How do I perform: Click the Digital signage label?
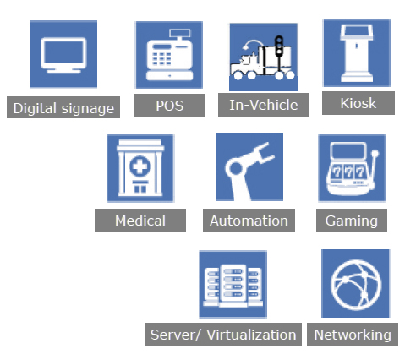(63, 107)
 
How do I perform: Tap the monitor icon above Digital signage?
(63, 55)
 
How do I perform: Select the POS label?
(170, 106)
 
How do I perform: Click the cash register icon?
(169, 55)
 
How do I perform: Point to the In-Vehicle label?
(264, 105)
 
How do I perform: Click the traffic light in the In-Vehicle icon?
(279, 46)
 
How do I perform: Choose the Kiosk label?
(358, 103)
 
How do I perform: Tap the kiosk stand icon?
(357, 53)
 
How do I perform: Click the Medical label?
(140, 221)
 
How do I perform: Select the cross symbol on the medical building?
(140, 166)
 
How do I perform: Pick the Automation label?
(249, 221)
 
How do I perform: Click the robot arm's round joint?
(236, 168)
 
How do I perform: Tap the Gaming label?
(352, 221)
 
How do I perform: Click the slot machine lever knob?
(375, 154)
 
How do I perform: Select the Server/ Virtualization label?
(223, 335)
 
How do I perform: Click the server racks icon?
(233, 286)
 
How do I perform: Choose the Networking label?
(353, 335)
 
